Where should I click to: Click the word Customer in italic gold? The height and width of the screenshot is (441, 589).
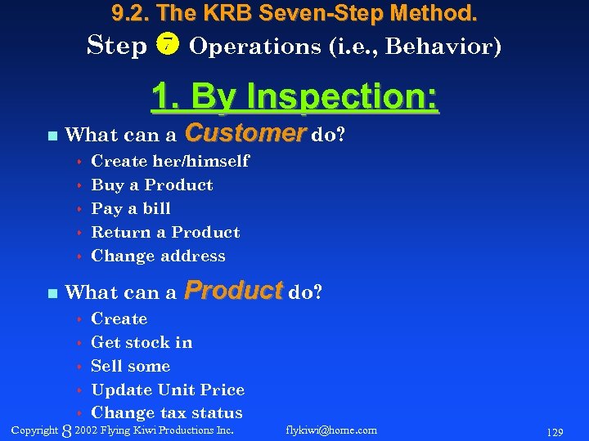click(x=245, y=132)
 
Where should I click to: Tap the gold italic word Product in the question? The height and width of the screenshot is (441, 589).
click(x=234, y=290)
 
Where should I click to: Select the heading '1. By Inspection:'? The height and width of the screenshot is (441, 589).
click(x=294, y=97)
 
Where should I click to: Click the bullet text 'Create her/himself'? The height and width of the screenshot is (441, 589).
click(x=170, y=161)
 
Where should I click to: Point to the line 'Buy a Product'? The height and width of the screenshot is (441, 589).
click(x=152, y=185)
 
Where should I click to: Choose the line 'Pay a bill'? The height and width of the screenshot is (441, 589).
click(x=131, y=208)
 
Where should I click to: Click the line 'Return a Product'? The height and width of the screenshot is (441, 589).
click(x=165, y=232)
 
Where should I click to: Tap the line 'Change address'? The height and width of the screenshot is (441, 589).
click(x=158, y=256)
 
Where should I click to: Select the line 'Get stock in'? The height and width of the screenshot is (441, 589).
click(x=142, y=342)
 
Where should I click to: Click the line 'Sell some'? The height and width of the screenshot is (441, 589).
click(x=131, y=366)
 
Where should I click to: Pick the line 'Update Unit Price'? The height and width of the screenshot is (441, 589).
click(x=168, y=390)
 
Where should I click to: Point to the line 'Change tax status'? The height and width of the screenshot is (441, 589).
click(x=167, y=413)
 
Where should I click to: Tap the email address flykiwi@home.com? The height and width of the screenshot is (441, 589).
click(x=332, y=430)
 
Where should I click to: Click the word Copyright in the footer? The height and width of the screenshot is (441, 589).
click(x=34, y=430)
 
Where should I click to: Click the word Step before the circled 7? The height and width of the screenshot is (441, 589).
click(x=117, y=45)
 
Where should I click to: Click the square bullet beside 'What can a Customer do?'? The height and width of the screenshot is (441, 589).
click(x=52, y=135)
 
